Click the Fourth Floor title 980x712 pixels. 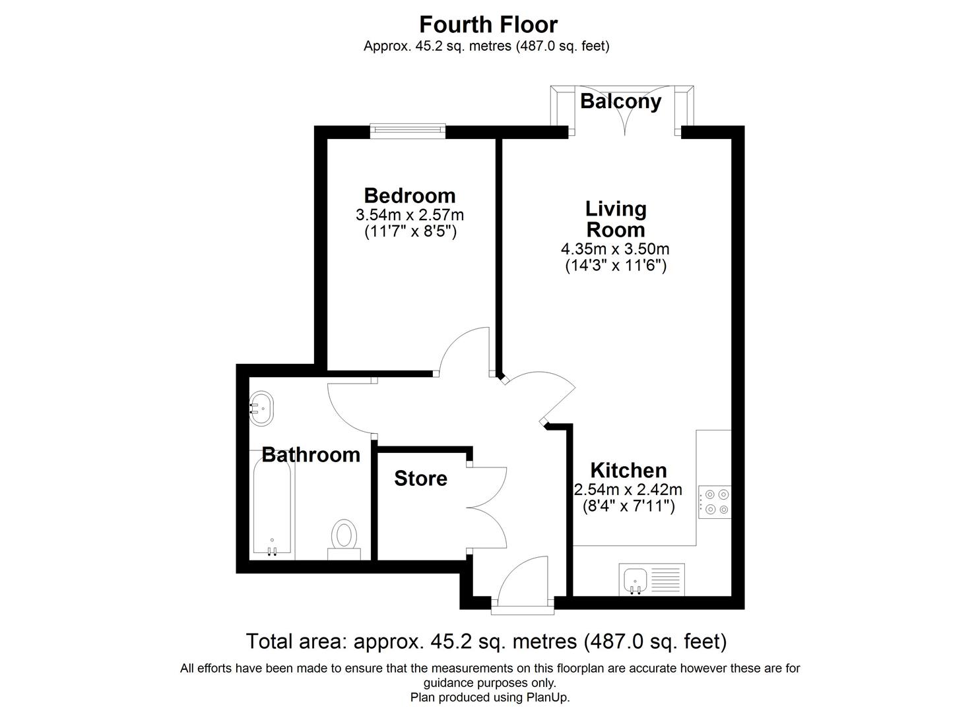tap(488, 24)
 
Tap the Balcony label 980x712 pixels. tap(620, 102)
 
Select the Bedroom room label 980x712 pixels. tap(409, 195)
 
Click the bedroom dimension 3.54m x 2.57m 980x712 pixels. tap(409, 215)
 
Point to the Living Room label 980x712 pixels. tap(616, 219)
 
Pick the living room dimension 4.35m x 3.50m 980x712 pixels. tap(615, 249)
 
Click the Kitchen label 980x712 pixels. tap(628, 470)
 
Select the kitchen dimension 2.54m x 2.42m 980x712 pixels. tap(628, 490)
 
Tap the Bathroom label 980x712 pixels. tap(311, 454)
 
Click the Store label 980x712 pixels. tap(420, 478)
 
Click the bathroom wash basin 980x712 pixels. tap(261, 409)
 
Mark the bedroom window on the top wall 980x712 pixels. tap(407, 131)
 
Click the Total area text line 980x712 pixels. tap(486, 641)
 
